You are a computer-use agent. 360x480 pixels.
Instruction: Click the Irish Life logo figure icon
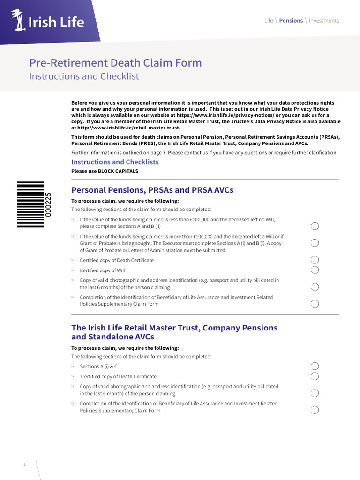tap(19, 21)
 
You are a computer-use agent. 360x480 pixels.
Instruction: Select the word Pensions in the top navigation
tap(291, 21)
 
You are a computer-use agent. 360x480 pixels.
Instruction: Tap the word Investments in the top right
tap(323, 21)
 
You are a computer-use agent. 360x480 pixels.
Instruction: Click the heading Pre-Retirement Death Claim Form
tap(115, 63)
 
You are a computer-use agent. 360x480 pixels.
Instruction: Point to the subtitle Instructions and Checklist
tap(84, 76)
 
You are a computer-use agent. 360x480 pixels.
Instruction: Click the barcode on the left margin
tap(30, 204)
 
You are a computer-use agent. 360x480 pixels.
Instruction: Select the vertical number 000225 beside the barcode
tap(48, 204)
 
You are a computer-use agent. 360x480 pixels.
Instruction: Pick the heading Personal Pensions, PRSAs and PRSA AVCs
tap(152, 190)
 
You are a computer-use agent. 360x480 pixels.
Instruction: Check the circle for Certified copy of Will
tap(315, 270)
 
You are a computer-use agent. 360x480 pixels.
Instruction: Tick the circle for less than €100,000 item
tap(315, 226)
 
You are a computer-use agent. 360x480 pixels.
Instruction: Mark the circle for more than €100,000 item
tap(315, 243)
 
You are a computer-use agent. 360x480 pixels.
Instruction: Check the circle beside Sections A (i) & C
tap(315, 366)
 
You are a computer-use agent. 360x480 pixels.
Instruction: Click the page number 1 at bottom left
tap(24, 465)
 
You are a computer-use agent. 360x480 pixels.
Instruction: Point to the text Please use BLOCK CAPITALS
tap(105, 171)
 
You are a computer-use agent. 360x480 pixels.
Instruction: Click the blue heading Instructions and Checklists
tap(115, 162)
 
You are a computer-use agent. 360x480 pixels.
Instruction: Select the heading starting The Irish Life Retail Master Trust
tap(174, 332)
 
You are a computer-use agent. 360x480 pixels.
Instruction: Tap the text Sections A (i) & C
tap(98, 367)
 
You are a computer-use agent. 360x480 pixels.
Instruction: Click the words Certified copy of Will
tap(102, 270)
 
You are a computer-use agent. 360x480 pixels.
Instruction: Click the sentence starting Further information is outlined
tap(204, 153)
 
